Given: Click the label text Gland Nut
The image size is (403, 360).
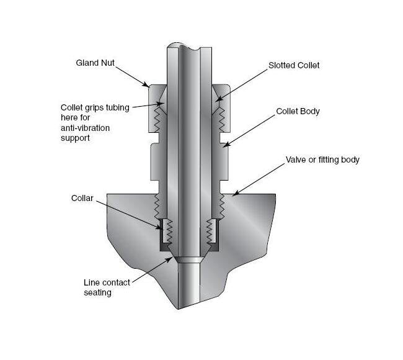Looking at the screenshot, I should [x=95, y=63].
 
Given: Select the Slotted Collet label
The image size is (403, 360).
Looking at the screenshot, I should [x=294, y=65].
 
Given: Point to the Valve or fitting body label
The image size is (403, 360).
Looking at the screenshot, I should [x=322, y=160].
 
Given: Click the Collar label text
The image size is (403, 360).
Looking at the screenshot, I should [x=82, y=198].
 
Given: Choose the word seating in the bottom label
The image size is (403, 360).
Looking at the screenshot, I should [x=97, y=292].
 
